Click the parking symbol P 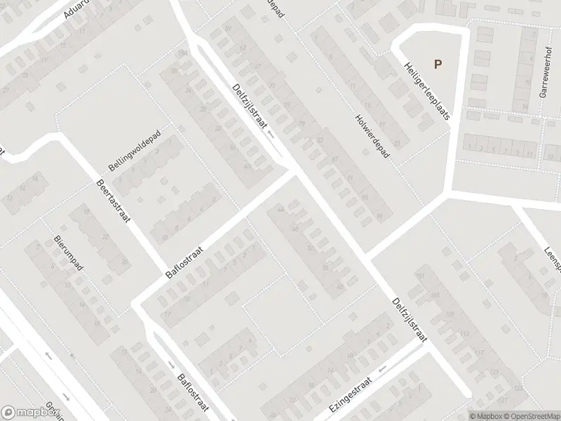(438, 65)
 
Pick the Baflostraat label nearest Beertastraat (184, 262)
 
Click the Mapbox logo (31, 413)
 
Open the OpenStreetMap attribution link (531, 415)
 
